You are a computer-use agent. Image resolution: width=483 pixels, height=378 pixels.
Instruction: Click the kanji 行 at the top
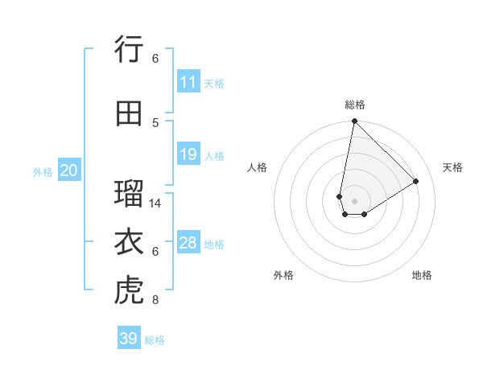129,50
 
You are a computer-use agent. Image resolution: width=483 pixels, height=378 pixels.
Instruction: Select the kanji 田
129,113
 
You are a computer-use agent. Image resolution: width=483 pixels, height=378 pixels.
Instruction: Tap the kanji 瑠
129,194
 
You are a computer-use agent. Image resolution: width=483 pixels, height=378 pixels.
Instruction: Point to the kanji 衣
129,242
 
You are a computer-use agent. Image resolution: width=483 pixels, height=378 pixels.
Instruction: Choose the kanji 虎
129,291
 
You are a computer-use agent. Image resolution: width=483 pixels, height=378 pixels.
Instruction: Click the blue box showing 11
188,82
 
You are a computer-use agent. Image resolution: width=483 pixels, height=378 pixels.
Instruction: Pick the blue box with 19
188,154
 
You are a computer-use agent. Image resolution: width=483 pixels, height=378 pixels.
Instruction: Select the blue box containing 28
188,243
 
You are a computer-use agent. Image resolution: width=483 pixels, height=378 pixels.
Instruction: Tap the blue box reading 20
68,171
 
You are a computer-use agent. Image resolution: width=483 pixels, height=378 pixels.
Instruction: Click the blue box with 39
129,339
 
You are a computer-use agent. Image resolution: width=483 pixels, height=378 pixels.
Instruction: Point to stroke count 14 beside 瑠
155,203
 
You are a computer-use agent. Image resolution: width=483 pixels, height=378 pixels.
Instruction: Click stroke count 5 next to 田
155,122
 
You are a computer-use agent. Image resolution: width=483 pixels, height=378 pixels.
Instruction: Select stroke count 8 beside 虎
155,301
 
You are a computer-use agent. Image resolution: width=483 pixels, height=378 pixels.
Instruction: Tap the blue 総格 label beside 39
155,340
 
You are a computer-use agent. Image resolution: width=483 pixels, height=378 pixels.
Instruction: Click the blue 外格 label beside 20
43,171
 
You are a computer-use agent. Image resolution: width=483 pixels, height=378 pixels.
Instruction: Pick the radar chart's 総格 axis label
354,105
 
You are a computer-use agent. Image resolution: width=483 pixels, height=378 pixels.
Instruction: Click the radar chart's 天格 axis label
453,167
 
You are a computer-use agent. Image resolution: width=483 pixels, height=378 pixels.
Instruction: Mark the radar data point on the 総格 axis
354,121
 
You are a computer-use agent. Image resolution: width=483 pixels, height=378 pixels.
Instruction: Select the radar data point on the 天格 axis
416,181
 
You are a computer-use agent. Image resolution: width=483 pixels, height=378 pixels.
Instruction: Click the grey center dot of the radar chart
354,200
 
